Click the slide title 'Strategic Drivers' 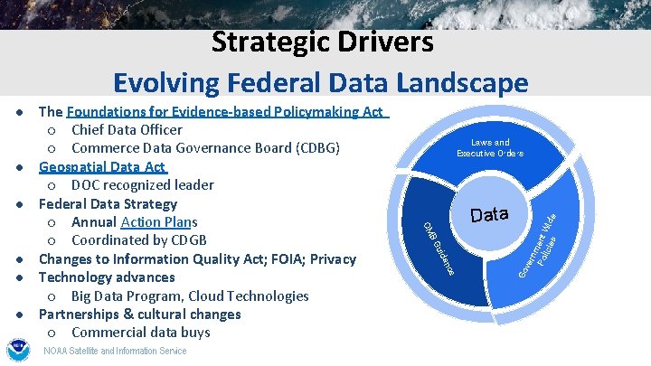[x=322, y=42]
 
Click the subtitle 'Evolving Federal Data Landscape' [x=320, y=83]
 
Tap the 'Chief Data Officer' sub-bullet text [x=127, y=130]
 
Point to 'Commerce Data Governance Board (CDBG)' [x=205, y=148]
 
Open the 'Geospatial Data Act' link [x=102, y=167]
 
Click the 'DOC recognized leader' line [x=142, y=185]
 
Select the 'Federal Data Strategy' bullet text [x=108, y=203]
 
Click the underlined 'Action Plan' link [x=156, y=222]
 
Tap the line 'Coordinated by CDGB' [x=138, y=240]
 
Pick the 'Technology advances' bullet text [x=106, y=277]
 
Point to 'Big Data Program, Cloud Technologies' [x=190, y=296]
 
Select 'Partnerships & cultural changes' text [x=139, y=314]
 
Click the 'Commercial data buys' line [x=140, y=333]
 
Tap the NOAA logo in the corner [x=18, y=350]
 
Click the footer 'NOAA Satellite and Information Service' [x=116, y=351]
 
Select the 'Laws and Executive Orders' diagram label [x=489, y=148]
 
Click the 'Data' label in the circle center [x=490, y=215]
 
